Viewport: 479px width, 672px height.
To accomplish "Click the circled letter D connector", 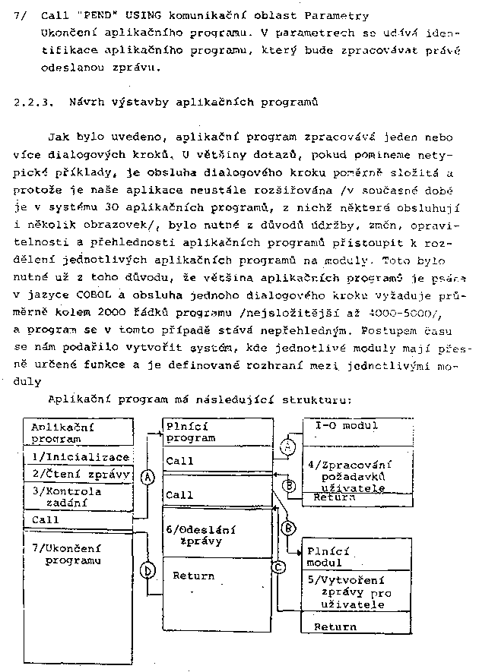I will (149, 569).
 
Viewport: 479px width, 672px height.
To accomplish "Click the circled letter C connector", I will (279, 566).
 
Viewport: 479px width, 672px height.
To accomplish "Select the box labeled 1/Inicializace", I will (80, 456).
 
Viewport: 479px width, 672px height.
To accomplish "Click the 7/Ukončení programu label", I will (73, 554).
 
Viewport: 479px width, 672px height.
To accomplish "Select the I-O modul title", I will (346, 425).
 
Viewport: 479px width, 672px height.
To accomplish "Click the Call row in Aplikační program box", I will (46, 519).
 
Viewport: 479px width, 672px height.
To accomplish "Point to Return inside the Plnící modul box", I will (335, 626).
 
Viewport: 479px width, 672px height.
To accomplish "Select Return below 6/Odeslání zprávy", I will (194, 576).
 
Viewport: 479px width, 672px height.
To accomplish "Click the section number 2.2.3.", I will (33, 101).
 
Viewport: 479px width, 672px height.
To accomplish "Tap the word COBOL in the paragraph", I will (72, 295).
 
